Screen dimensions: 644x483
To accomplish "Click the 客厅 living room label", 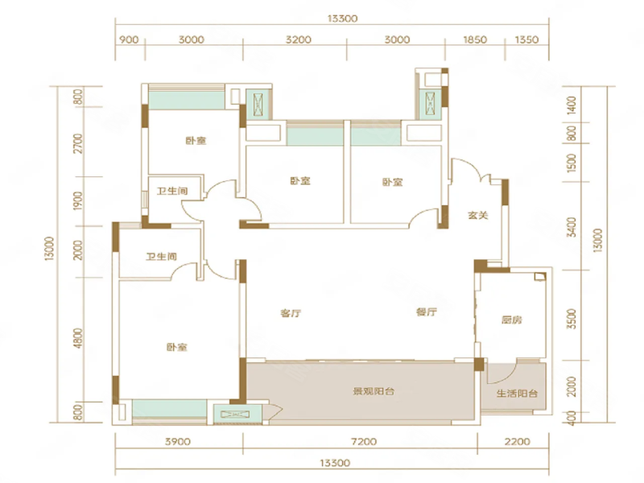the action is (x=291, y=313).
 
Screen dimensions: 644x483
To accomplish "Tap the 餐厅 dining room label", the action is (x=427, y=312).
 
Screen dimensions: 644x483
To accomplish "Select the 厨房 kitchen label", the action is (x=512, y=320).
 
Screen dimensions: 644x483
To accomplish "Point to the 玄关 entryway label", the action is (x=478, y=215).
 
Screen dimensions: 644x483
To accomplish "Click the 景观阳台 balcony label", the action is (x=374, y=391).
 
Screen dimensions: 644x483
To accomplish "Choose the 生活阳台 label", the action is (x=517, y=393).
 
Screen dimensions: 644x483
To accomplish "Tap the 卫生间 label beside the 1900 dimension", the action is (x=172, y=191).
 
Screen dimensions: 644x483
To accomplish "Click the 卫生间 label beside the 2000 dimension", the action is (x=162, y=257).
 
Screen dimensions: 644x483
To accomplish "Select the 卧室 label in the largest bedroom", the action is (x=177, y=347).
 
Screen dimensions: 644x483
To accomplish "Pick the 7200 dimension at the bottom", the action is (x=365, y=441).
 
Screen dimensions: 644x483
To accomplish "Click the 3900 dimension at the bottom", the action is (x=177, y=441).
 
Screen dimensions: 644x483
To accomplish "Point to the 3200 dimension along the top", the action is (x=299, y=39).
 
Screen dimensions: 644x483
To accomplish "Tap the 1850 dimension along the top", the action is (x=475, y=39).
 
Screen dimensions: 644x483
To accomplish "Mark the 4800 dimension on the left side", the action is (x=78, y=337).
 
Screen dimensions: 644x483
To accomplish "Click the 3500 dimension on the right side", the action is (x=572, y=319).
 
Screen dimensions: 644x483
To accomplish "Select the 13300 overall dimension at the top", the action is (x=343, y=19).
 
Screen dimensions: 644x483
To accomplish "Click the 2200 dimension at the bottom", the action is (x=518, y=441).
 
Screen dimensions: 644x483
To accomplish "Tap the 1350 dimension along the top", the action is (x=526, y=39).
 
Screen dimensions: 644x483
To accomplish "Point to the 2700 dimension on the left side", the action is (x=78, y=143).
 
